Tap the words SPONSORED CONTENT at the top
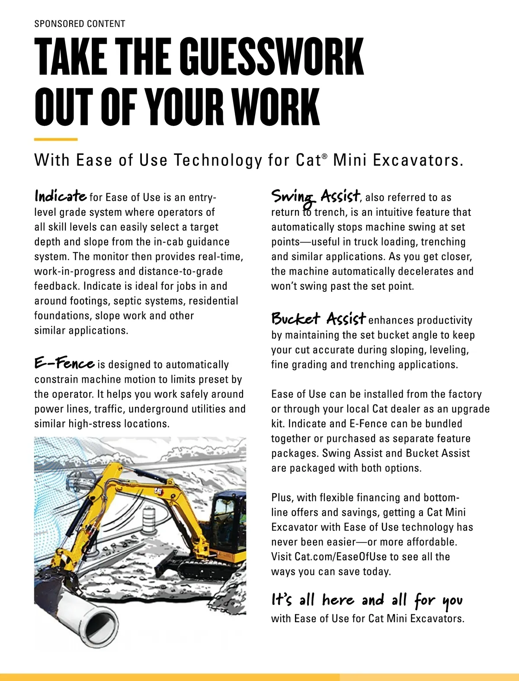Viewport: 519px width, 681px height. click(80, 24)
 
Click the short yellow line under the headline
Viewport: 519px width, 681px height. click(56, 139)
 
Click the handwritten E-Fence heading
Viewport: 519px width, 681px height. click(64, 363)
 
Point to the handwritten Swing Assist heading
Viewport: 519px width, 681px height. click(316, 197)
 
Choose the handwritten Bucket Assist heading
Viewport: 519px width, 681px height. click(318, 319)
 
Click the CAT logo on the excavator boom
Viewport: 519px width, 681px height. click(158, 490)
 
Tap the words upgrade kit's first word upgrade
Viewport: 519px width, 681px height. click(471, 409)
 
